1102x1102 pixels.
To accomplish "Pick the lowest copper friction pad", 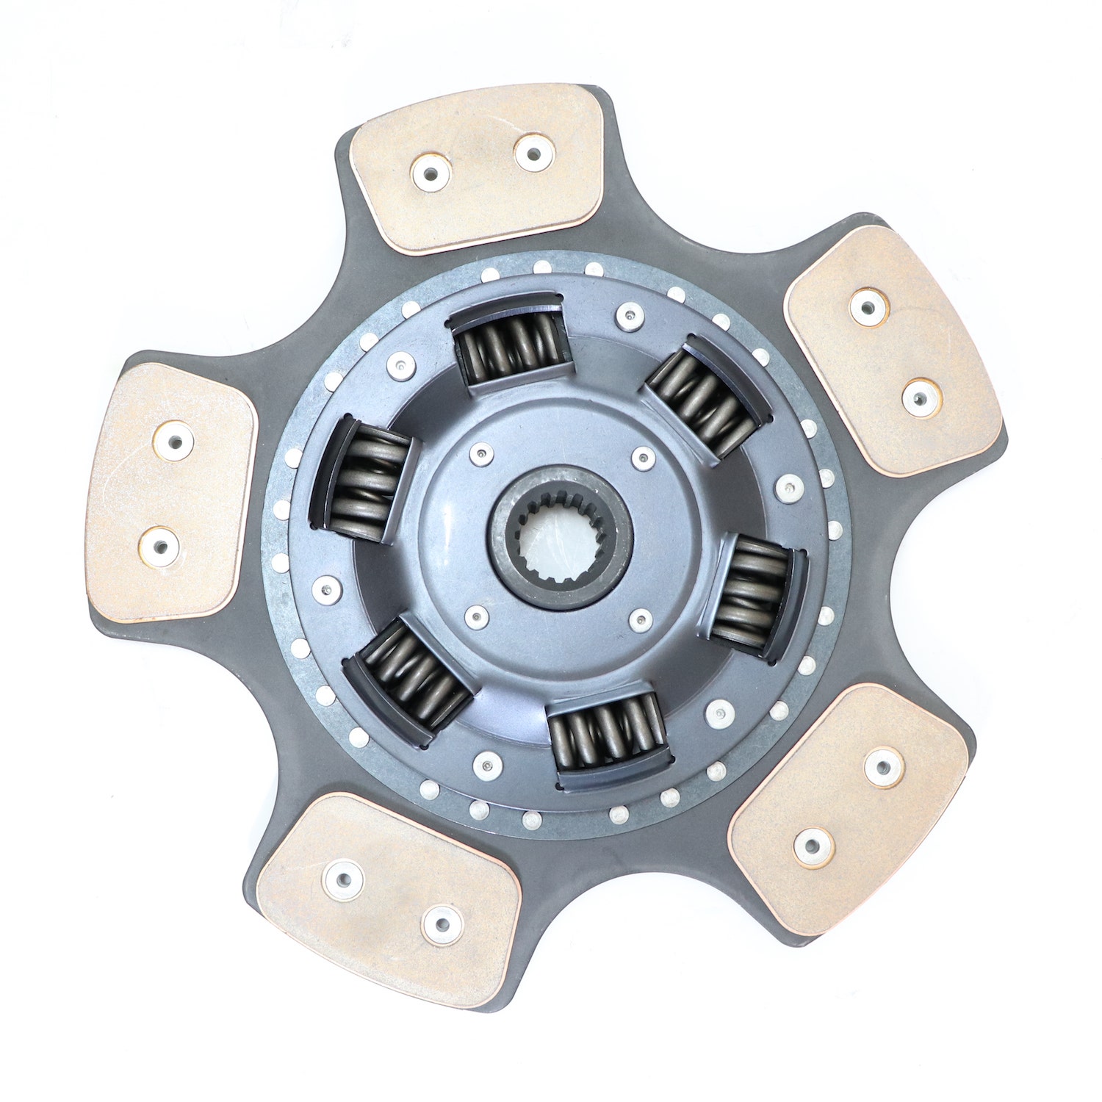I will (x=389, y=899).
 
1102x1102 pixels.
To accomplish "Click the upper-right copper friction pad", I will (x=893, y=350).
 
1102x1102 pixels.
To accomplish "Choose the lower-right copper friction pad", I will (x=849, y=808).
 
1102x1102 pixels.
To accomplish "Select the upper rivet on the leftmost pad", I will (x=173, y=442).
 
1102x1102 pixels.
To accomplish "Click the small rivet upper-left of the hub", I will (x=480, y=455).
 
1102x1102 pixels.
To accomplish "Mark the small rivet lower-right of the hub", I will (x=641, y=620).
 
